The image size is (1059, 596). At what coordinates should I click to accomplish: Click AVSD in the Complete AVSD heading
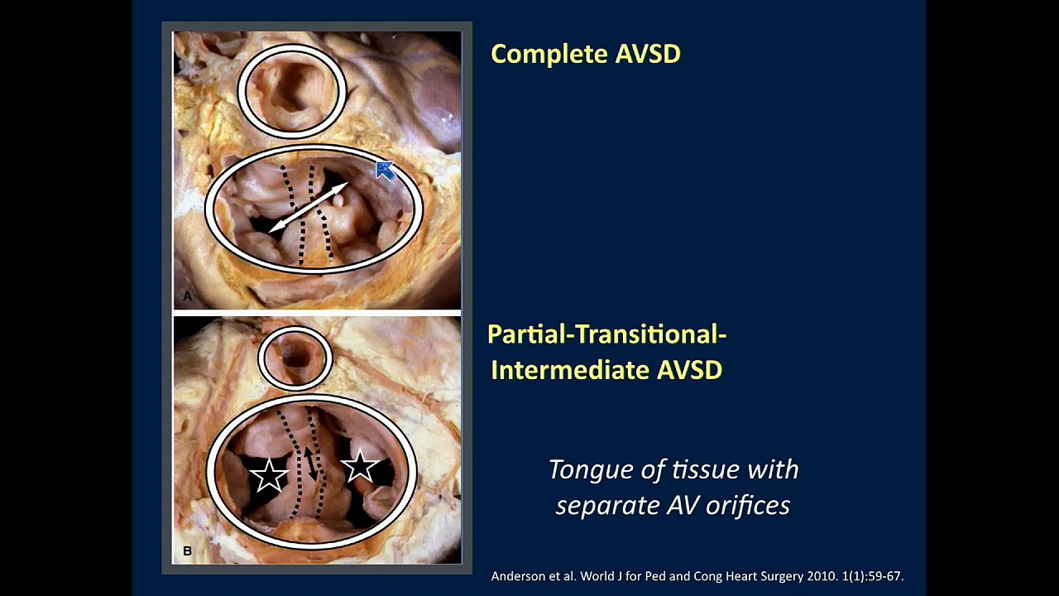[x=648, y=54]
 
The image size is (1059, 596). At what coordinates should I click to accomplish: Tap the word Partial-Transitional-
[x=606, y=334]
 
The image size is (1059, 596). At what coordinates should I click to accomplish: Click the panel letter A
[x=188, y=296]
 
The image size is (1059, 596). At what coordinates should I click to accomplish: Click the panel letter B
[x=188, y=551]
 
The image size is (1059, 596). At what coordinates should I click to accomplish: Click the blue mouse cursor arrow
[x=384, y=171]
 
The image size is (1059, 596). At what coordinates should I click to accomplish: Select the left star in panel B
[x=269, y=475]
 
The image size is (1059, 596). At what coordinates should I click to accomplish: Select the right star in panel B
[x=360, y=466]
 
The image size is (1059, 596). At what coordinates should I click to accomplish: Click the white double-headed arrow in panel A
[x=309, y=207]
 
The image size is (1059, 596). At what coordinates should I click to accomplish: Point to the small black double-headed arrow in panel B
[x=310, y=464]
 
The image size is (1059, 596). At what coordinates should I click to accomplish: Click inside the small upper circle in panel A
[x=292, y=91]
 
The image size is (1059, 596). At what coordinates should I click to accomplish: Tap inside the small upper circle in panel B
[x=295, y=359]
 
